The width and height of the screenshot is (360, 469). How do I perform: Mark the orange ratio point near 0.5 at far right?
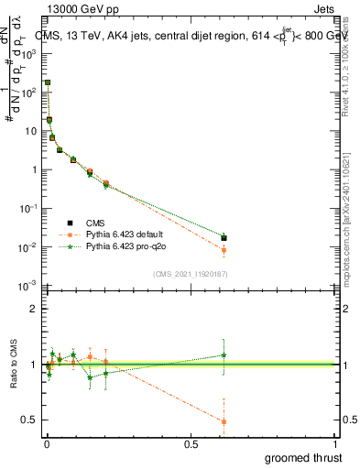[224, 421]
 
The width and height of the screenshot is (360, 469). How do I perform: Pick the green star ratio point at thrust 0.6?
[224, 354]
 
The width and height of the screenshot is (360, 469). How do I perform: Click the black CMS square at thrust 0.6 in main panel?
[224, 238]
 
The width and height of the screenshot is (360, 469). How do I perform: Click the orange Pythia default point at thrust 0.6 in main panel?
[224, 250]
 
